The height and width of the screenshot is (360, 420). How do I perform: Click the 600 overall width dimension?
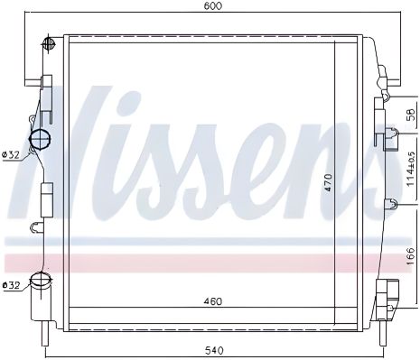coord(212,6)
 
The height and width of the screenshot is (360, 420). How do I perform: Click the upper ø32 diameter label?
coord(12,155)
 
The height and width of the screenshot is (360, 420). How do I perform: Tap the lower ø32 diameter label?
coord(12,286)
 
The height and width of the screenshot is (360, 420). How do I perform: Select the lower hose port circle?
coord(40,282)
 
